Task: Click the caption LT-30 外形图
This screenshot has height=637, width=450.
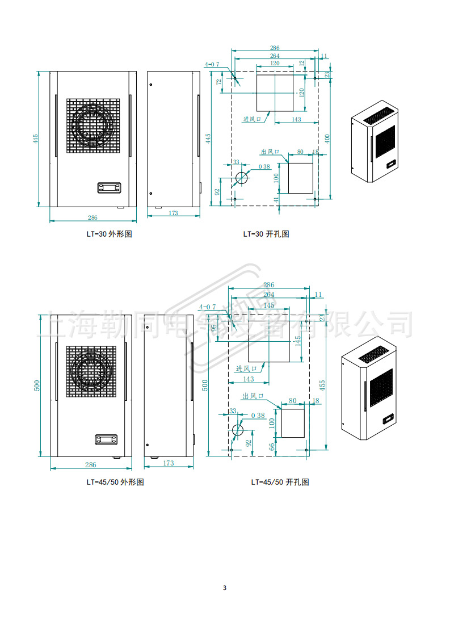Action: coord(108,234)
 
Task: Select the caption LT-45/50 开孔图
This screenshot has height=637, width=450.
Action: coord(280,482)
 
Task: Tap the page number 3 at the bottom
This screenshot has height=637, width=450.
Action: coord(225,588)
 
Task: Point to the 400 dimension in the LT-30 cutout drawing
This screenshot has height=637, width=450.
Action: coord(326,138)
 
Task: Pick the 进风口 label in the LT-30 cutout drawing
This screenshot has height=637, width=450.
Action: coord(252,119)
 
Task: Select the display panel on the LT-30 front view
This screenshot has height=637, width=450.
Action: coord(109,187)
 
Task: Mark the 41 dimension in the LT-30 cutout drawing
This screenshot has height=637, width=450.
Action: coord(277,199)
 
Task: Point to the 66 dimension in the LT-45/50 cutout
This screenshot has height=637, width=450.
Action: coord(272,446)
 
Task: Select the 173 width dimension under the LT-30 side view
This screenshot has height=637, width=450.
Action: coord(174,213)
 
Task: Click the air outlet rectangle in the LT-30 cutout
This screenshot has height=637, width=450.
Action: coord(301,178)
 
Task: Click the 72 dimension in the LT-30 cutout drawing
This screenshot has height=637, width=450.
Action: coord(219,82)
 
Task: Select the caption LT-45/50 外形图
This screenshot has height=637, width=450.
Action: coord(115,482)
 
